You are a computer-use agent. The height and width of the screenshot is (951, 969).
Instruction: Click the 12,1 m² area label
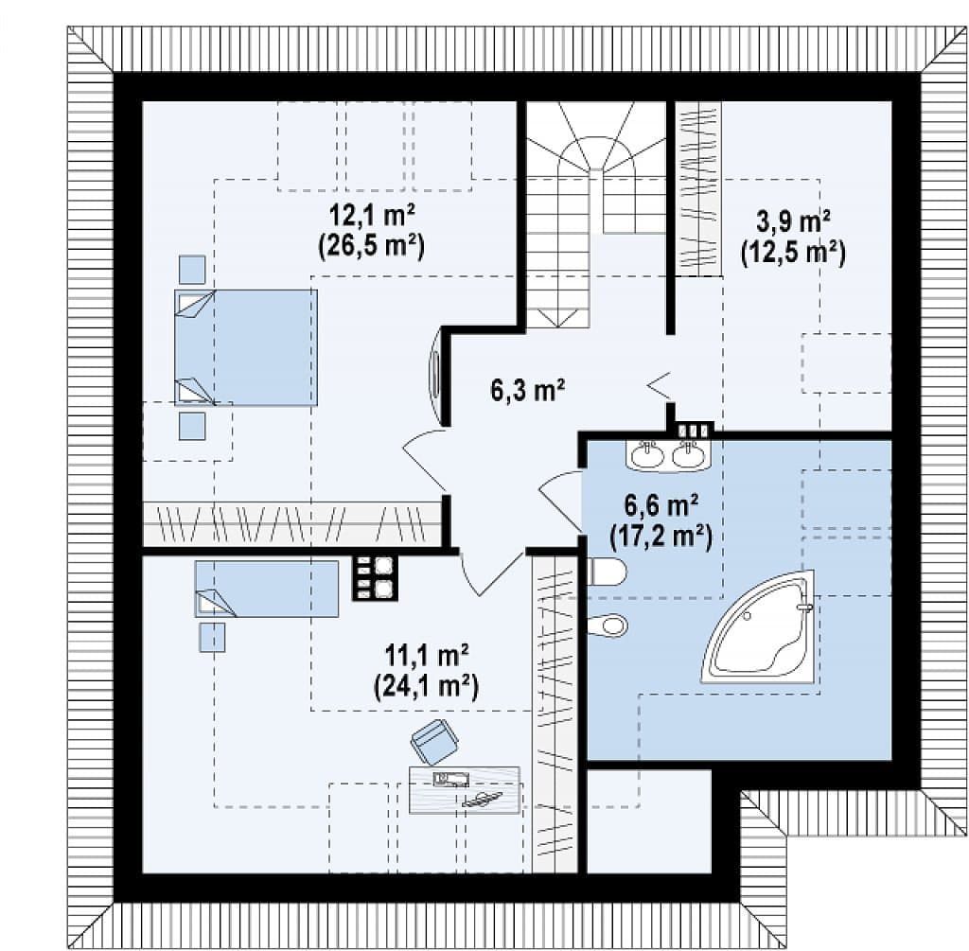click(x=371, y=217)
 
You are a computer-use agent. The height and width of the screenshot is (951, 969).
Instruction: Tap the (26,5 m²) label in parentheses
click(x=371, y=247)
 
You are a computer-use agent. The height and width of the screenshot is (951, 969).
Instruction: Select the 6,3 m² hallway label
click(x=528, y=390)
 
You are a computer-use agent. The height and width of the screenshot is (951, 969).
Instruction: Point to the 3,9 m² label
click(x=793, y=221)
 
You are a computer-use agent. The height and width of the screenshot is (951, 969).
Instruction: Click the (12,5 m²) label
click(x=793, y=252)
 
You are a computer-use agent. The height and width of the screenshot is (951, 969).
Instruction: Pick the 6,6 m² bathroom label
click(x=661, y=505)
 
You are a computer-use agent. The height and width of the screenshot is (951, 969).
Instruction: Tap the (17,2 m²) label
click(x=661, y=536)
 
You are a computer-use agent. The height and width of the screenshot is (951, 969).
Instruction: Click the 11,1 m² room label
click(x=427, y=655)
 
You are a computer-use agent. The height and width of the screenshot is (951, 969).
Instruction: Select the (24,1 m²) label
click(x=427, y=685)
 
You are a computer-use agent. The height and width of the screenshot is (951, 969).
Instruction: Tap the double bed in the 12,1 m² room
click(x=246, y=347)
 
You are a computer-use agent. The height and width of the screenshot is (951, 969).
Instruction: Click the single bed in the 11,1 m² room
click(x=267, y=589)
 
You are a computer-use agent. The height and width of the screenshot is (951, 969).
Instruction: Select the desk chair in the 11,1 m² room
click(x=434, y=741)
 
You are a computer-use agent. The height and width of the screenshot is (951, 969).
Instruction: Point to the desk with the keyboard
click(x=465, y=790)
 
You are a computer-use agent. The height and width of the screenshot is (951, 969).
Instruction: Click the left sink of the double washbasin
click(x=647, y=455)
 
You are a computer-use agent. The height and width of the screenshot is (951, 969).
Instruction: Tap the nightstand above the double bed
click(x=192, y=270)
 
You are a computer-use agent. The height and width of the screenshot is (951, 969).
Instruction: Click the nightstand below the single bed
click(x=212, y=637)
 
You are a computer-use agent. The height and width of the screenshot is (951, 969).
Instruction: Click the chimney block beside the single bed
click(x=375, y=577)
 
